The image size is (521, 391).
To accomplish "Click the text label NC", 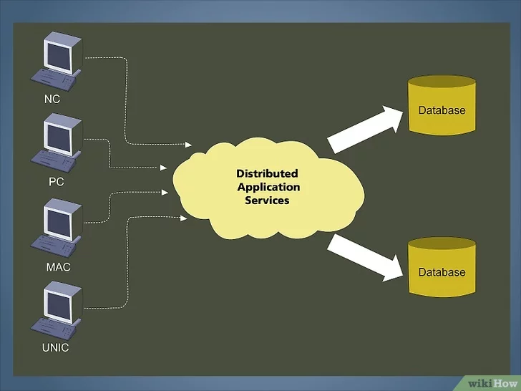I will [x=52, y=100].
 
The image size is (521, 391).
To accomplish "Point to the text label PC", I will [x=57, y=182].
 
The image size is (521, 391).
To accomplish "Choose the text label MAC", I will [x=57, y=266].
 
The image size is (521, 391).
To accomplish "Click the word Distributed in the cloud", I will [x=267, y=174].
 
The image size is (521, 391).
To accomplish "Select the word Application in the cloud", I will [x=269, y=187].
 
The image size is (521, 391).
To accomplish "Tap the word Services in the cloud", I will [x=267, y=201].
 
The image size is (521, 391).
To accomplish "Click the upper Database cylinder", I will [x=442, y=106].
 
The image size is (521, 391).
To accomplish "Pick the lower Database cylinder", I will [x=442, y=269].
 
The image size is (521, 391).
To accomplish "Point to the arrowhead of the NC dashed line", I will [x=189, y=145].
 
